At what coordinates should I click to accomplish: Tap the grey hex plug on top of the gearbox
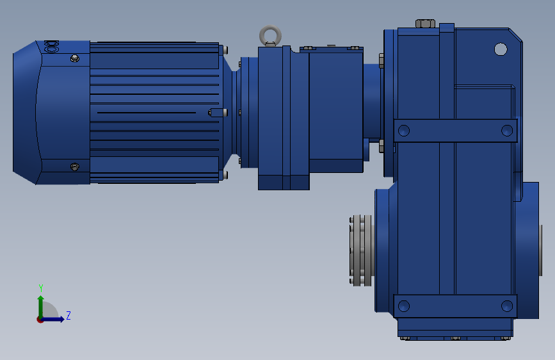click(425, 24)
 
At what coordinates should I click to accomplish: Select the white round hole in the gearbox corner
click(501, 49)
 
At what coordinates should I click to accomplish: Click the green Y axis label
click(41, 288)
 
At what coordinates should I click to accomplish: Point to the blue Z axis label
click(68, 315)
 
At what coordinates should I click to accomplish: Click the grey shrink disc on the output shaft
click(361, 250)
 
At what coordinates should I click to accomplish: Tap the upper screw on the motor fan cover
click(75, 58)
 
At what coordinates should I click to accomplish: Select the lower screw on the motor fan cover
click(75, 167)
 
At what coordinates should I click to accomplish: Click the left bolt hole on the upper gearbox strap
click(404, 131)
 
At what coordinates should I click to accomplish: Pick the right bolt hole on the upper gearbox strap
click(507, 131)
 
